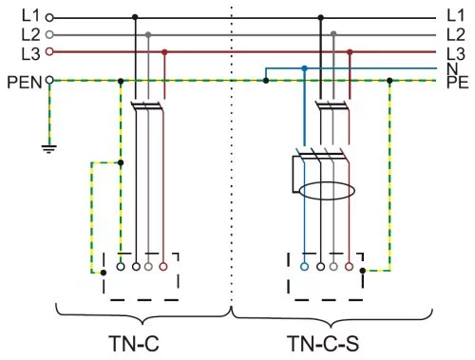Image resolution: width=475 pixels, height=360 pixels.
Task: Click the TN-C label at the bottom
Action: (134, 344)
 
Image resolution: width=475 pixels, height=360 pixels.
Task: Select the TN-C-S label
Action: (323, 344)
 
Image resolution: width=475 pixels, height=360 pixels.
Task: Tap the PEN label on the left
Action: (25, 83)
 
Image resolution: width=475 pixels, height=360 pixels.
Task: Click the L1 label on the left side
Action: (30, 15)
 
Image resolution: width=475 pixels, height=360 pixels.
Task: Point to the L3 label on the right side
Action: (456, 54)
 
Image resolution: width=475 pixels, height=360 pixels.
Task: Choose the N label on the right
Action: (452, 68)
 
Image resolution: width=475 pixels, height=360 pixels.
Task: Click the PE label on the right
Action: (457, 82)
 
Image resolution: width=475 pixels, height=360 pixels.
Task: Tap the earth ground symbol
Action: (49, 148)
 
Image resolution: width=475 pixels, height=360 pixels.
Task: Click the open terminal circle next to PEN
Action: (49, 80)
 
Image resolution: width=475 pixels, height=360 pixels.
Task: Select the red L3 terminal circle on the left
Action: (49, 51)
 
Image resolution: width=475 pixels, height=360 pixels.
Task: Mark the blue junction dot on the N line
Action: (305, 68)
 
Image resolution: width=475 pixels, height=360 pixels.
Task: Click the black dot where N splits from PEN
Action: (266, 81)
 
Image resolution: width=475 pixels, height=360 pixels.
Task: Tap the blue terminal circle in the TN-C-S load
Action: (304, 267)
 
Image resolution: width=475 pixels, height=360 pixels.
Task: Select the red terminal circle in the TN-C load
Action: (163, 267)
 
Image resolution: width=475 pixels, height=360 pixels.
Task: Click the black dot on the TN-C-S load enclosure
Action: (363, 271)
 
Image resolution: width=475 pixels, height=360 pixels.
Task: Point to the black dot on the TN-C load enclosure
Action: (104, 273)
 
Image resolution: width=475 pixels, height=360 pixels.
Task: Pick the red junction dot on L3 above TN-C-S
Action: (350, 52)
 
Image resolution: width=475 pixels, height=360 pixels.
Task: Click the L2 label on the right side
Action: (456, 34)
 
